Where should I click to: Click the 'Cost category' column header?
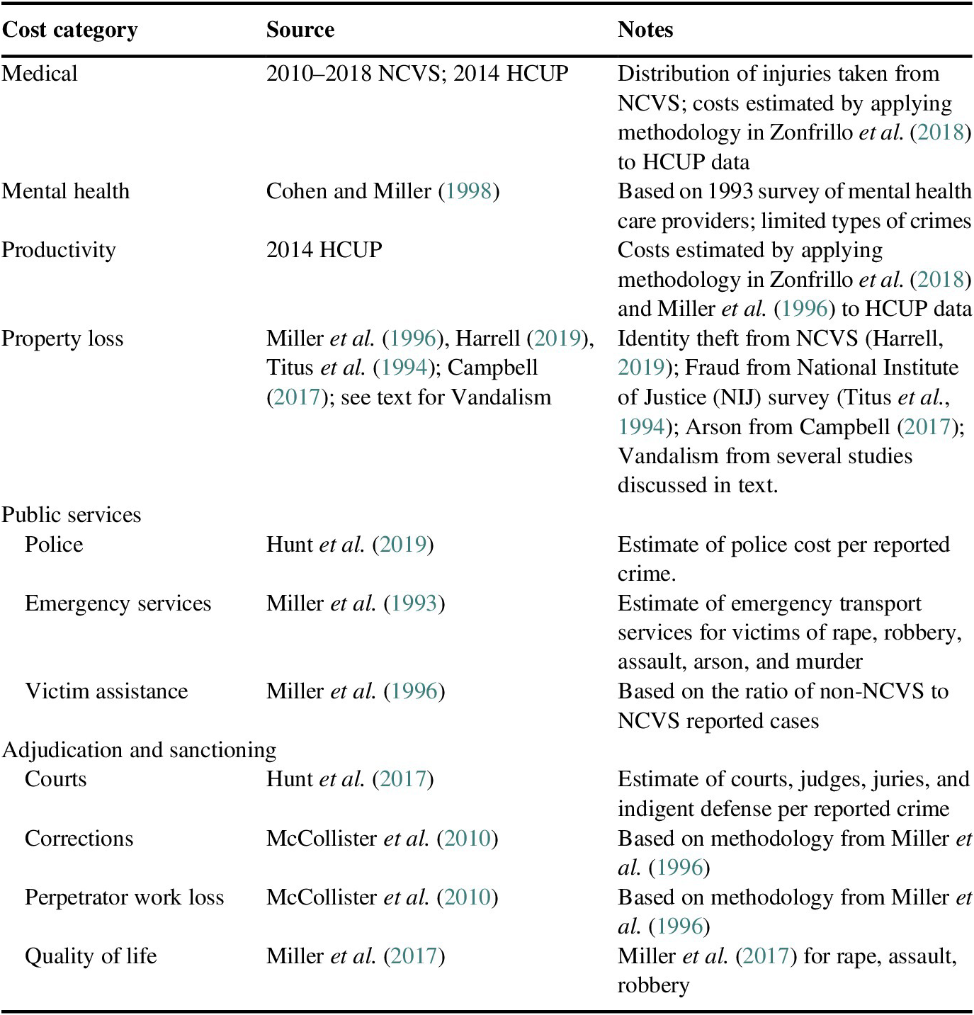pos(69,30)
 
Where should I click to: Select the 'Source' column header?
pos(300,30)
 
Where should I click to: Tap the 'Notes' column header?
pos(645,30)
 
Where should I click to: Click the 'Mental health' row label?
pos(66,191)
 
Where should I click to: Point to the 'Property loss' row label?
pos(62,339)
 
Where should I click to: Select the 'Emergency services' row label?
pos(118,603)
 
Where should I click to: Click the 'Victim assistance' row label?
pos(106,691)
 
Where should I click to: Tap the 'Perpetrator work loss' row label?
pos(124,897)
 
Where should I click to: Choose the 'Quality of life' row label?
pos(91,956)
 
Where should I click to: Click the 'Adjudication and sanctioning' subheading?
pos(140,750)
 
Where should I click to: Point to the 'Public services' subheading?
pos(72,515)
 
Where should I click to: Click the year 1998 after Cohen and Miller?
pos(468,191)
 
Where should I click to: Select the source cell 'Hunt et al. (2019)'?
pos(350,545)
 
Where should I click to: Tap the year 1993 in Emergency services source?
pos(414,603)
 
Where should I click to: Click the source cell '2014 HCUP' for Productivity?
pos(324,250)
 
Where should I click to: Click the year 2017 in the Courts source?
pos(403,780)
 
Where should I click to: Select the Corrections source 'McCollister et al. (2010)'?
pos(382,839)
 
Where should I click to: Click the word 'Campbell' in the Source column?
pos(493,368)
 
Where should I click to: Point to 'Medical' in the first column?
pos(40,74)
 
